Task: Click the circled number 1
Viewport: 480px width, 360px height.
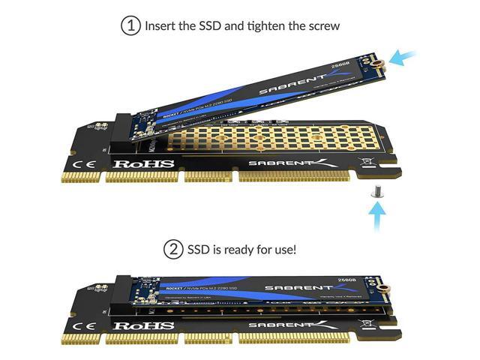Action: [x=131, y=25]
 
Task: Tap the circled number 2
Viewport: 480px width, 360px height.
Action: [x=174, y=248]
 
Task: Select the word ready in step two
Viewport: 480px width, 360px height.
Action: [x=239, y=248]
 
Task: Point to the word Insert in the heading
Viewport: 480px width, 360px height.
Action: [x=164, y=25]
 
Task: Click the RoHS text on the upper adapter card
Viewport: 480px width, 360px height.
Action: [x=144, y=163]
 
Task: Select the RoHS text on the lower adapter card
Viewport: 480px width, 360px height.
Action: [x=144, y=326]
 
